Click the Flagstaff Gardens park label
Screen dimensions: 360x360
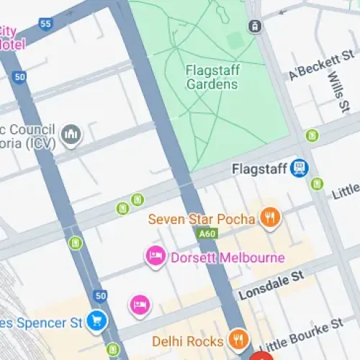pos(211,78)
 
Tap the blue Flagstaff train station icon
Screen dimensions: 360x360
pos(299,169)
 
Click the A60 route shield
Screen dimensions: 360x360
pos(205,235)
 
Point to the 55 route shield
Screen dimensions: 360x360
pos(47,24)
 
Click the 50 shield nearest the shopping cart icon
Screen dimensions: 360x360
pos(100,295)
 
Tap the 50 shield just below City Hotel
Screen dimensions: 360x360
pos(19,76)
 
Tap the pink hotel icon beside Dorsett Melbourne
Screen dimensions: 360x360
pos(155,256)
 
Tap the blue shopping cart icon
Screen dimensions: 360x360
pos(96,320)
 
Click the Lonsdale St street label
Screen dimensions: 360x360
pos(271,286)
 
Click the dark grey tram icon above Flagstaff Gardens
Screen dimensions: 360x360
pos(254,27)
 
